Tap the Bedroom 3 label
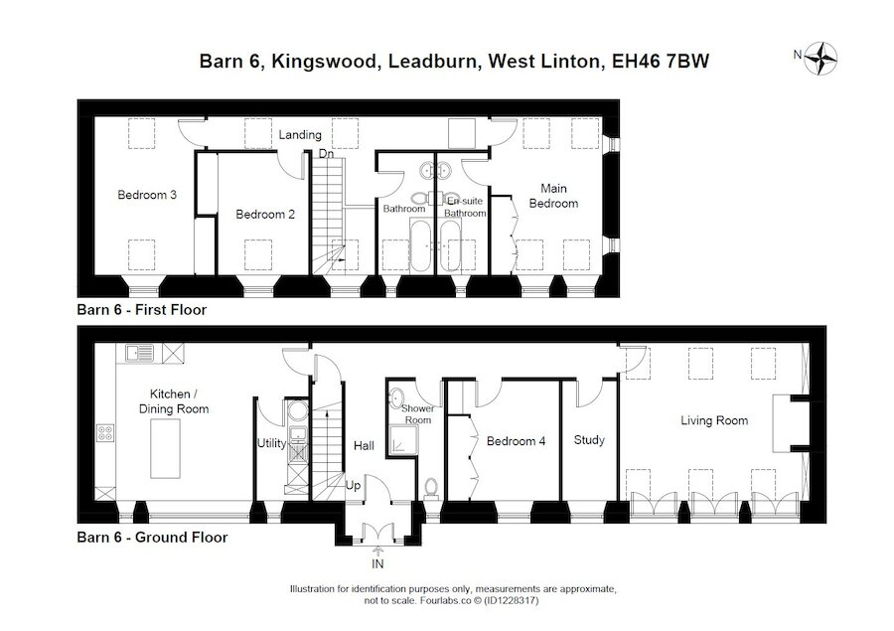pos(147,195)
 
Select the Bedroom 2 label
pos(264,214)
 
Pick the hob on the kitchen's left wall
pos(104,432)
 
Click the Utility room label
pos(272,443)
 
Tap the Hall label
pos(364,446)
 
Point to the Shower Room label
pos(416,414)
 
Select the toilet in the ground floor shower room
pos(430,487)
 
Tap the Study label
pos(589,440)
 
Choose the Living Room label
pos(714,421)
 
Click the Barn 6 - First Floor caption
pos(141,310)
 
